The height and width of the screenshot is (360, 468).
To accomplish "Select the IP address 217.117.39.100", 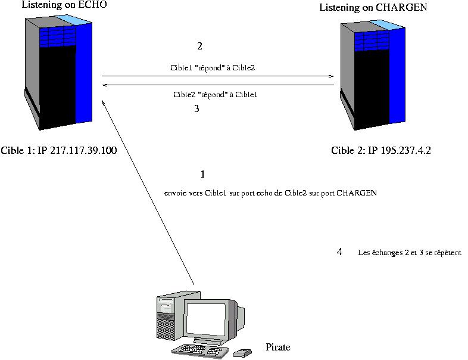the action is (83, 150).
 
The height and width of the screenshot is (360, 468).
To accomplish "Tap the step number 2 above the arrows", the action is (199, 46).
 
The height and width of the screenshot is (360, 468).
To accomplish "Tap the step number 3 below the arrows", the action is (196, 108).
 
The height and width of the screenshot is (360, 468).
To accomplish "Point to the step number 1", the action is (202, 174).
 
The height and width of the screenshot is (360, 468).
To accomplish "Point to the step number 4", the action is (339, 252).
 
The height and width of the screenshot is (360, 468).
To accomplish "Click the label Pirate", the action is (278, 347).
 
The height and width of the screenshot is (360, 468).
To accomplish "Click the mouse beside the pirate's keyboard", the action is (242, 353).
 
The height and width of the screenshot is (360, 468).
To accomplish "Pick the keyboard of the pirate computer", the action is (200, 350).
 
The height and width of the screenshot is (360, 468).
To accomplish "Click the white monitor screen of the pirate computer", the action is (206, 319).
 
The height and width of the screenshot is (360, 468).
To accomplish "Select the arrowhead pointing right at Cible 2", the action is (331, 76).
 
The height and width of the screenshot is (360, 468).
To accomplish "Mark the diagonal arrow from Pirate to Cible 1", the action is (148, 193).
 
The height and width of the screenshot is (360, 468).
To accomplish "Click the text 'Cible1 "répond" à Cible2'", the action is (213, 68).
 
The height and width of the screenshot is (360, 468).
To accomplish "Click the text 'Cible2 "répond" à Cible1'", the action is (215, 95).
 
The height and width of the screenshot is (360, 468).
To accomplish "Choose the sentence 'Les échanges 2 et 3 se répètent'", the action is (410, 253).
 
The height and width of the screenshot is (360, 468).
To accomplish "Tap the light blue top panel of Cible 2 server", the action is (387, 24).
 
